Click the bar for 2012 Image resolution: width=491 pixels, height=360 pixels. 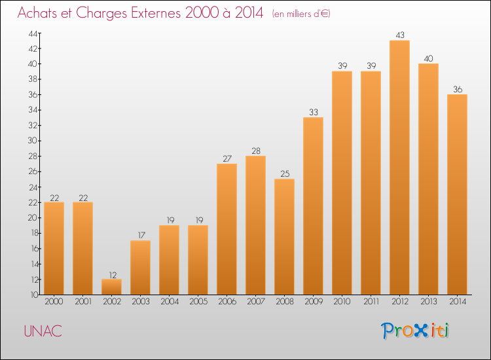(x=399, y=168)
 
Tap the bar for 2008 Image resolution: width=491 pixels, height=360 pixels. (x=284, y=237)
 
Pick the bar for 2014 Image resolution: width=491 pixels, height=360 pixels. (x=457, y=194)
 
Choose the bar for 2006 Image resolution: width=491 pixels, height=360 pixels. (x=227, y=229)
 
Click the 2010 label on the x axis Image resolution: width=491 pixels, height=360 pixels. (x=342, y=302)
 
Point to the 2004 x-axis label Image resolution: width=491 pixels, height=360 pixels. (x=169, y=302)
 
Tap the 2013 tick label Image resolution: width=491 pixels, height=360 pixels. (x=428, y=302)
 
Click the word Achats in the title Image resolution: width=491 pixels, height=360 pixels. (x=41, y=14)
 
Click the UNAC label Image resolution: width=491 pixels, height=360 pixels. (x=43, y=331)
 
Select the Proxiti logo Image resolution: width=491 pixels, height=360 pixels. (x=416, y=331)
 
